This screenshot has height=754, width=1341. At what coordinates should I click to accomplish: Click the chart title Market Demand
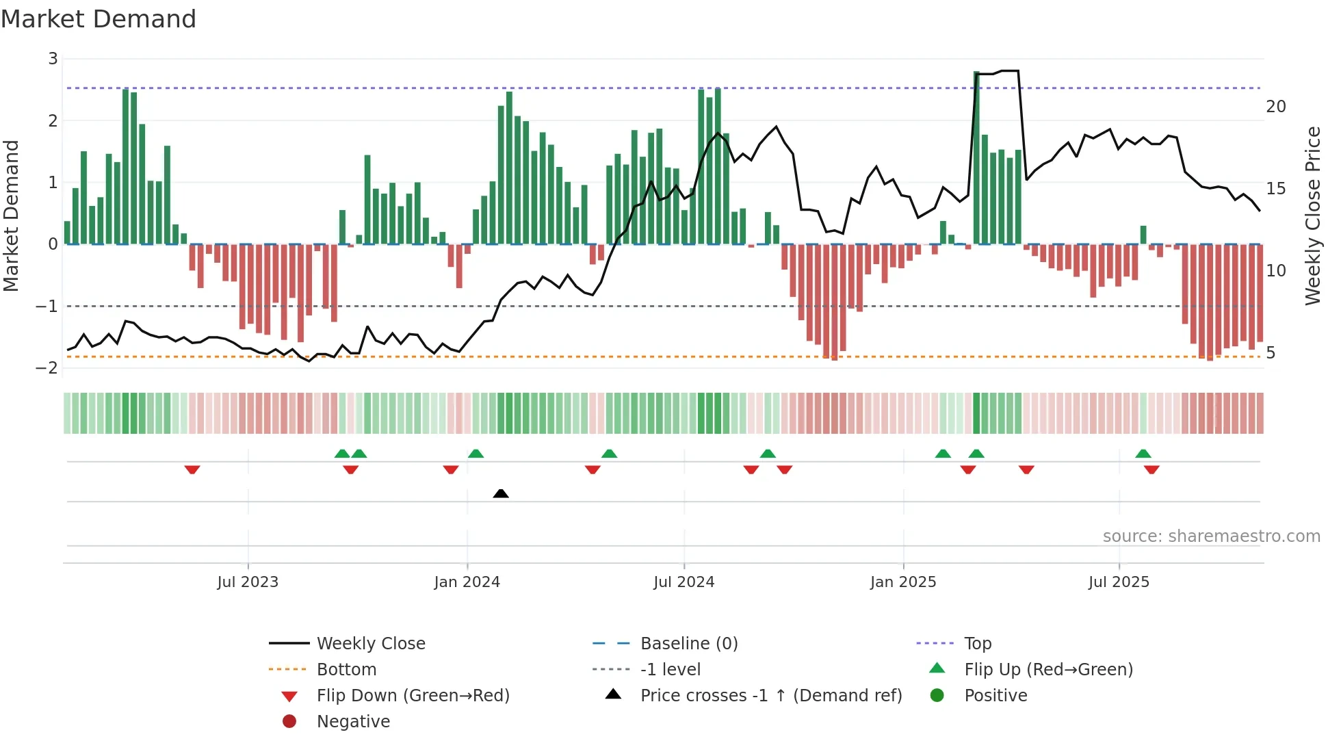[x=99, y=19]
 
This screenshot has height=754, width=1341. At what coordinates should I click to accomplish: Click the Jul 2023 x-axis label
[x=248, y=582]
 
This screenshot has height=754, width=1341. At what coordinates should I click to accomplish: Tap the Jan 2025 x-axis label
[x=903, y=582]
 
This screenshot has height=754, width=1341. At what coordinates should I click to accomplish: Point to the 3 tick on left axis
[x=53, y=59]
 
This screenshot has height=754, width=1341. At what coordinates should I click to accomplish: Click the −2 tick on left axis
[x=47, y=368]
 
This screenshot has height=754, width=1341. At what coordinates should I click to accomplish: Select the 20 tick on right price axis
[x=1275, y=107]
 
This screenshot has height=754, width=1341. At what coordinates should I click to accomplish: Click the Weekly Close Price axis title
[x=1312, y=216]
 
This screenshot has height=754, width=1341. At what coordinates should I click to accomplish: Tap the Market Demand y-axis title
[x=11, y=216]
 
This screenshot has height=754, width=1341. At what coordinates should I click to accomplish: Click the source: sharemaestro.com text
[x=1211, y=536]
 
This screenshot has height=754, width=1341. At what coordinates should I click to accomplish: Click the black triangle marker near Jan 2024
[x=501, y=493]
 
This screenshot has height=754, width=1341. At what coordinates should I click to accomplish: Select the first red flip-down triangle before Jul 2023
[x=192, y=469]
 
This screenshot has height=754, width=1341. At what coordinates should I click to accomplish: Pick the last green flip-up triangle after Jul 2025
[x=1143, y=454]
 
